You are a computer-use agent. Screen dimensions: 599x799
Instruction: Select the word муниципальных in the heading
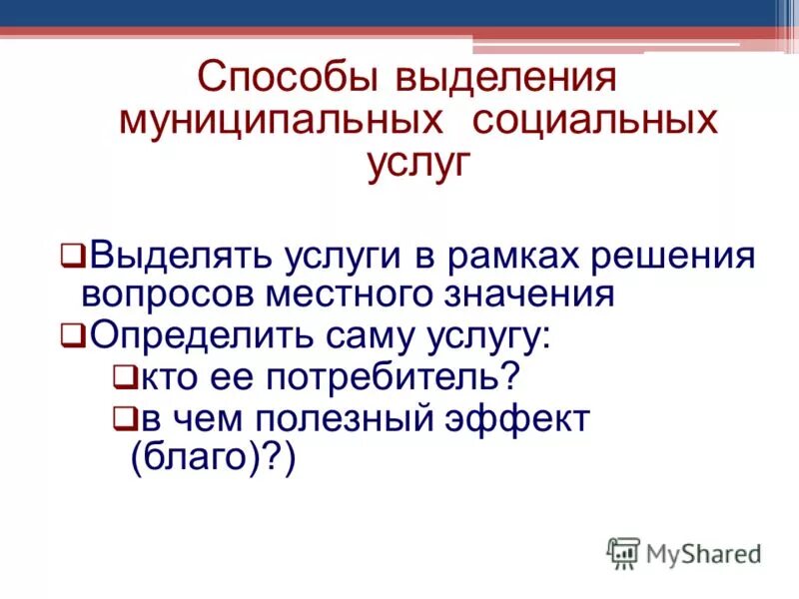[282, 121]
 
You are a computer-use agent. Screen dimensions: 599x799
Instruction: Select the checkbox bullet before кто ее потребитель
[123, 377]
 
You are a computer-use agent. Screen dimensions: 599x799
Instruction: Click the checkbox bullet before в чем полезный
[123, 419]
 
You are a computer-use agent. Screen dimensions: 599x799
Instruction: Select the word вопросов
[168, 296]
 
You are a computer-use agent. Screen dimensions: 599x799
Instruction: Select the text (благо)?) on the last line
[214, 460]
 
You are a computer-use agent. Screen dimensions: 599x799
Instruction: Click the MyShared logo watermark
[684, 552]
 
